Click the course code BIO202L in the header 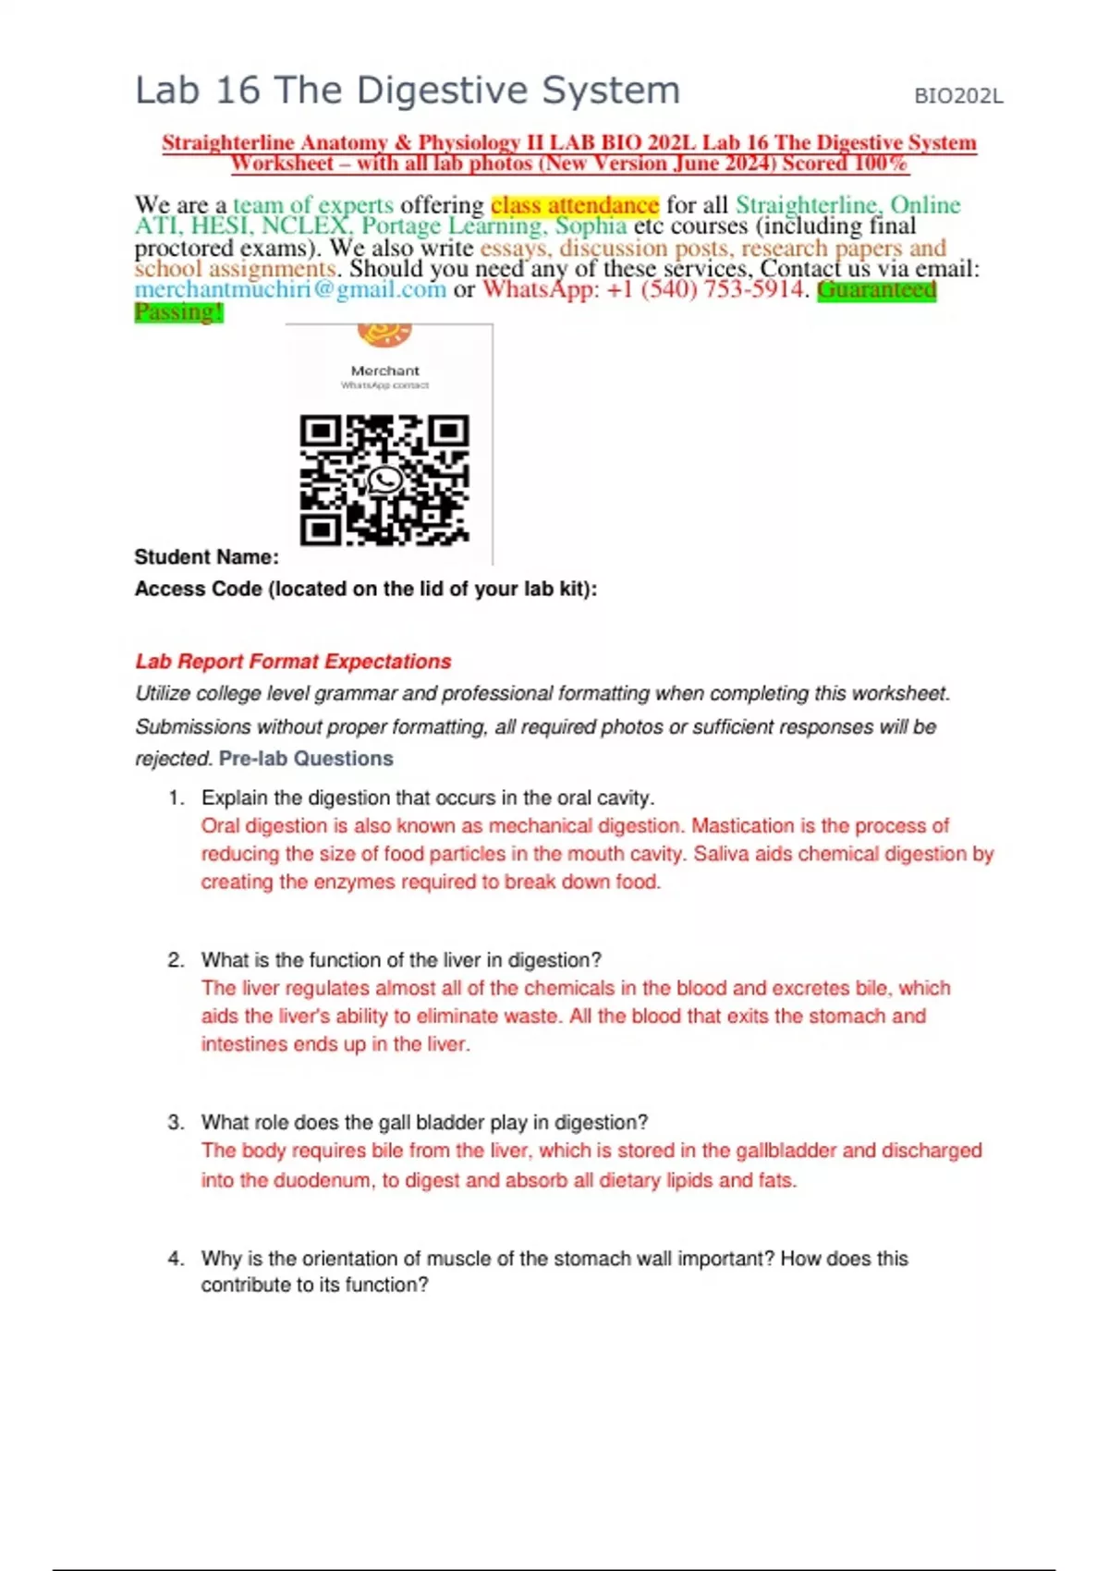957,96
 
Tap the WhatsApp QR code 384,480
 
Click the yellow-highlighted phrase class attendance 574,204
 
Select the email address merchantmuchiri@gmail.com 290,289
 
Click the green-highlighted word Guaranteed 876,289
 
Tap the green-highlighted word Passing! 178,311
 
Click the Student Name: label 206,557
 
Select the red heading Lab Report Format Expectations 293,662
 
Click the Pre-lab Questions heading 306,759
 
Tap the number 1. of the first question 177,798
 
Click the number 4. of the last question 177,1259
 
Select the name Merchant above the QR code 384,371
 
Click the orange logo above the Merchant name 384,334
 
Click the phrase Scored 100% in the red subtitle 845,164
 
